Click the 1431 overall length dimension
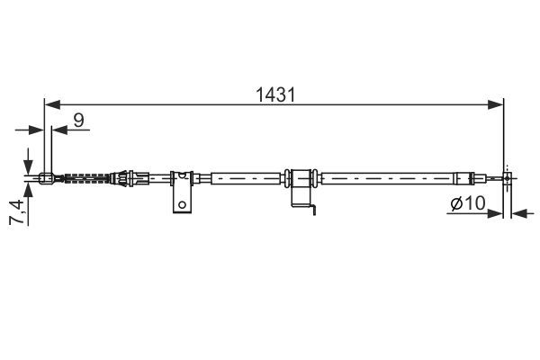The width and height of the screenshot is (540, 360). [274, 94]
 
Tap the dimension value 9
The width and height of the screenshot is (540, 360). [80, 117]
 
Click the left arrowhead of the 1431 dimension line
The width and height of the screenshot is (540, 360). [50, 104]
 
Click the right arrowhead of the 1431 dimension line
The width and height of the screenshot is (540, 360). [497, 104]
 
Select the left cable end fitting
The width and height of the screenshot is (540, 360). [48, 176]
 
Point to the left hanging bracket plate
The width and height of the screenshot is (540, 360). [182, 193]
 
